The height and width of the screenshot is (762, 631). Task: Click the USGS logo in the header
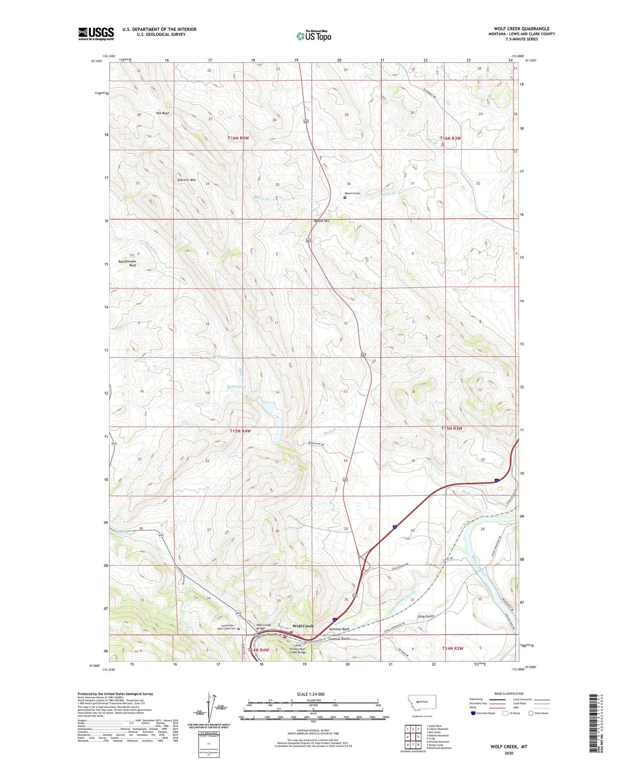tap(96, 34)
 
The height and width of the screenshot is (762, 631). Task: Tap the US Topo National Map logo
tap(314, 35)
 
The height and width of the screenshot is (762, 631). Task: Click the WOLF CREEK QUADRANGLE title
tap(522, 29)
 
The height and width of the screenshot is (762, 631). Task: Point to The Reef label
tap(162, 113)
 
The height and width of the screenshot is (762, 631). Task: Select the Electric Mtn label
tap(186, 180)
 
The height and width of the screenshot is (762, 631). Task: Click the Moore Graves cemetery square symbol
tap(345, 197)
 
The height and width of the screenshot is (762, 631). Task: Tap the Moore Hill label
tap(321, 221)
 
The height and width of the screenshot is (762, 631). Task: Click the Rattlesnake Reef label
tap(128, 263)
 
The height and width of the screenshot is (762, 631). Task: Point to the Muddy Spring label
tap(236, 387)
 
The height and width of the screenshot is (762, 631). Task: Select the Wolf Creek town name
tap(303, 626)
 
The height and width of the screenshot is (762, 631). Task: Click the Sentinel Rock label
tap(339, 629)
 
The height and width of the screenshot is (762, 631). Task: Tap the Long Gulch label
tap(426, 616)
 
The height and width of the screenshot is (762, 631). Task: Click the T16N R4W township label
tap(238, 138)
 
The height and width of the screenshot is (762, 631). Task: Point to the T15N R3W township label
tap(452, 428)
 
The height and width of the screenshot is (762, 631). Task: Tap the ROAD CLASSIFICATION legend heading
tap(509, 693)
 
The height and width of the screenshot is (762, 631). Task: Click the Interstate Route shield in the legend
tap(474, 714)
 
